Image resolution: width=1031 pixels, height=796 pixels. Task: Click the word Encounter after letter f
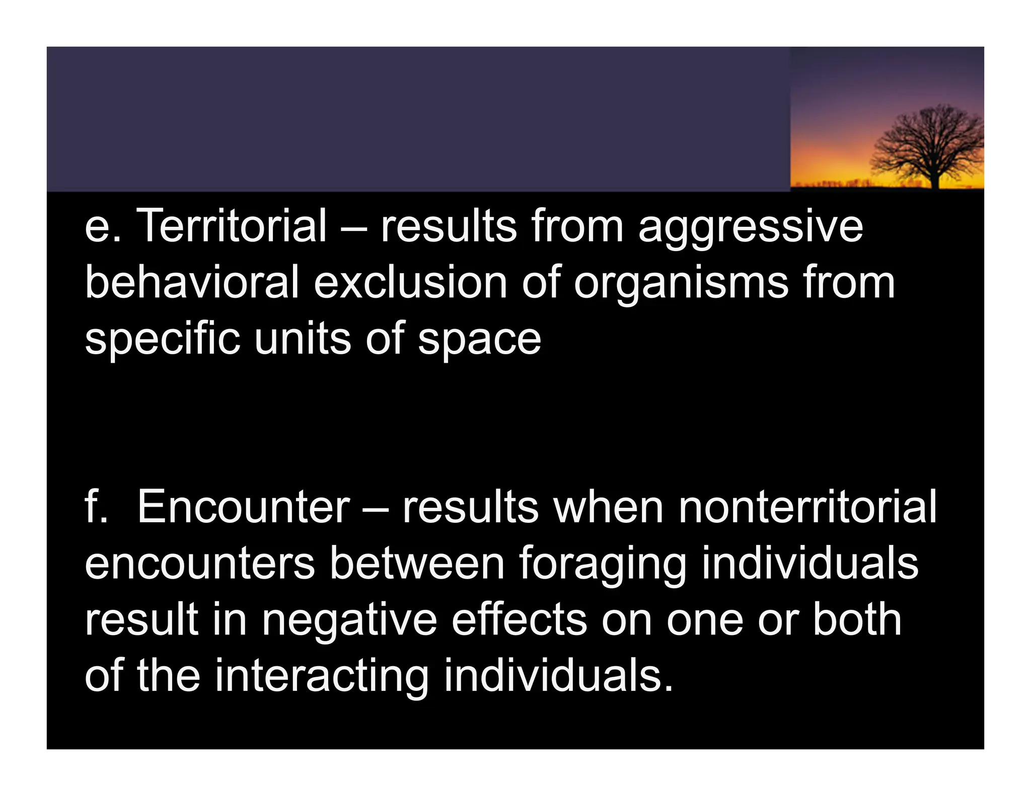point(243,507)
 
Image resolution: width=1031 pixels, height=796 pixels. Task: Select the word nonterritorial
point(807,507)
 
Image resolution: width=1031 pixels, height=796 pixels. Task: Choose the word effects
point(519,620)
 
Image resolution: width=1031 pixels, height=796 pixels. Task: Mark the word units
point(302,339)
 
